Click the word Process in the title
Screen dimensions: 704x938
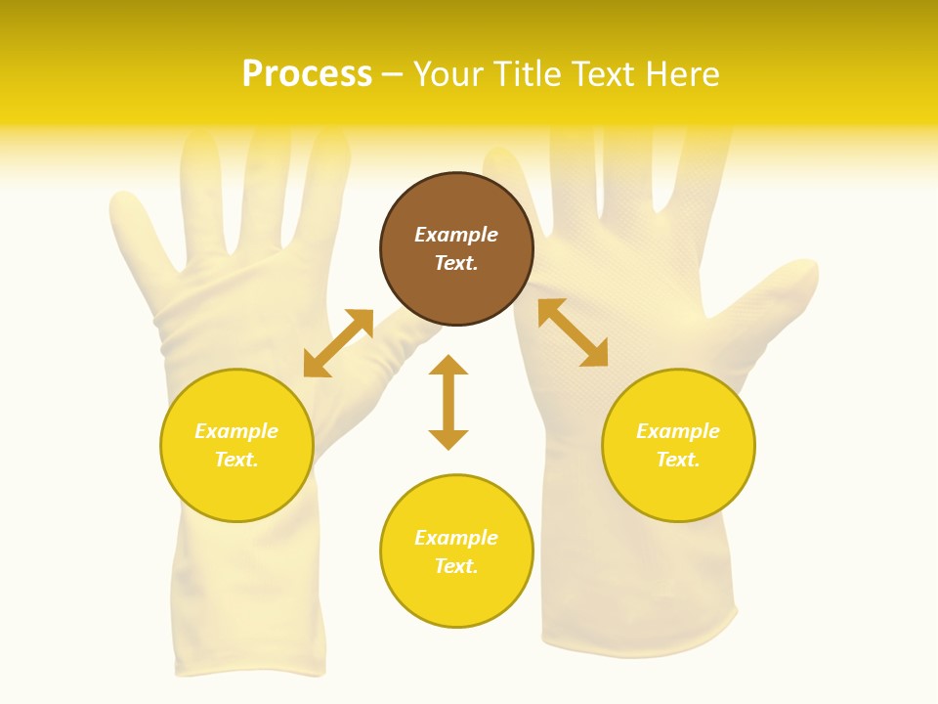[307, 74]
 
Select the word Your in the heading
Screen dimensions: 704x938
[449, 74]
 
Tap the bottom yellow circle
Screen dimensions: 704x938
[456, 596]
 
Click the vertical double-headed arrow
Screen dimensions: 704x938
[448, 402]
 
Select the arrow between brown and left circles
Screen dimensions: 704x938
[338, 343]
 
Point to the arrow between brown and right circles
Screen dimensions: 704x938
[573, 332]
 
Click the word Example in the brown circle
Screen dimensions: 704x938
[456, 235]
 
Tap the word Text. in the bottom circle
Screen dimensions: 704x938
[456, 566]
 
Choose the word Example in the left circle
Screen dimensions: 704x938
[236, 431]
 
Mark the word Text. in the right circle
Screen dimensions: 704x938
[678, 460]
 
